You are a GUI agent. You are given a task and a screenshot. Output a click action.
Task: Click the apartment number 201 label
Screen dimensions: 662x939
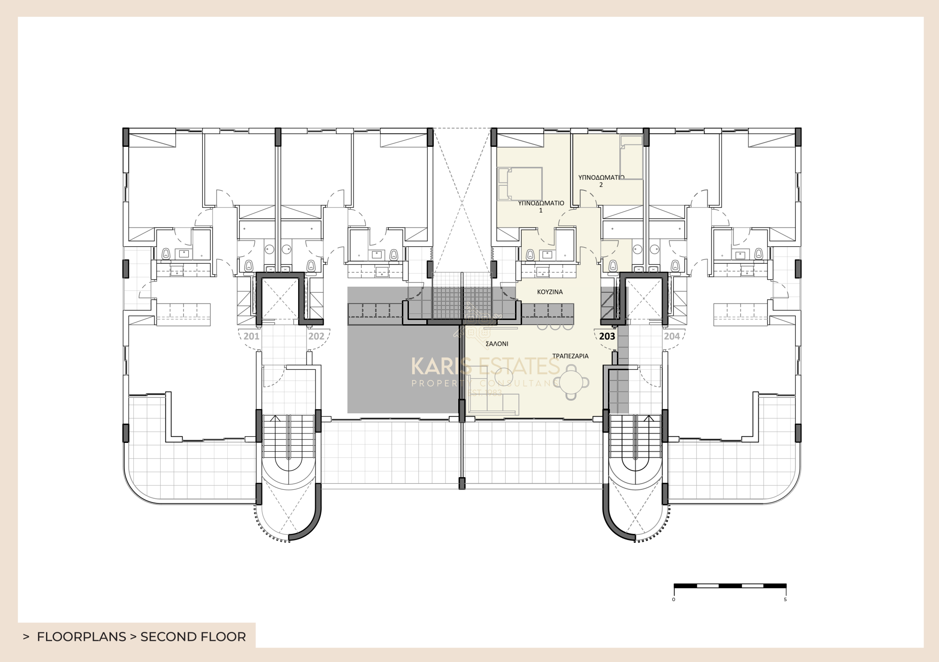pos(252,336)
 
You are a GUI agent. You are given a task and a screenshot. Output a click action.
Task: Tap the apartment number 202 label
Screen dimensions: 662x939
pos(316,336)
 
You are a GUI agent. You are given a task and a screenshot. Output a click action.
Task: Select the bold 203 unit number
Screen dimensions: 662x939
pos(607,336)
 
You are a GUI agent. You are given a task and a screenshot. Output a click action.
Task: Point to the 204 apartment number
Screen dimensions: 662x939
pos(671,336)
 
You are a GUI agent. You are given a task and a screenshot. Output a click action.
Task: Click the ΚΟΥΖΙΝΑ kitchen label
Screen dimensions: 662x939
pos(550,292)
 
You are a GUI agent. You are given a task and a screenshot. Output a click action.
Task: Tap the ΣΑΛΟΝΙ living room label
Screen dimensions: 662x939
pos(497,343)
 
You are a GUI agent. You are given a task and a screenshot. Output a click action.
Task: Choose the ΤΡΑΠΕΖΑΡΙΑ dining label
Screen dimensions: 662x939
pos(570,356)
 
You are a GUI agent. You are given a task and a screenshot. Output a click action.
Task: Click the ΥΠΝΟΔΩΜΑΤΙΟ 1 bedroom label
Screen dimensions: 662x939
pos(541,206)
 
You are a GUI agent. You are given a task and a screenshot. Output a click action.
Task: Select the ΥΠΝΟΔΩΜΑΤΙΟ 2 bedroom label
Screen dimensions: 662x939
pos(601,181)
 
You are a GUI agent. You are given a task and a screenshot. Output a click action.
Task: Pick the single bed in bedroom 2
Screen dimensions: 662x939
pos(631,157)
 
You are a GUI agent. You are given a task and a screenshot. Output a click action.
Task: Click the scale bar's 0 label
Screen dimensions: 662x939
pos(674,600)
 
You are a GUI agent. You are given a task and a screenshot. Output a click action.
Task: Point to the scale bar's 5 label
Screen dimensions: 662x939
pos(785,600)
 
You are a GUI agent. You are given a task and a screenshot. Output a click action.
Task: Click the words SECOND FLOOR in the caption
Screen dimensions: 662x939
pos(193,637)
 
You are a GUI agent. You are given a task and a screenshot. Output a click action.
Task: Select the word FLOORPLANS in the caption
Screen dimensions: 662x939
pos(81,637)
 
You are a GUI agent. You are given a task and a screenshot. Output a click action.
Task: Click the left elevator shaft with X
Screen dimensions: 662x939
pos(279,298)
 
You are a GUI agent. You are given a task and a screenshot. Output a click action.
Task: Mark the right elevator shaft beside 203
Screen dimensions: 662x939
pos(646,298)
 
